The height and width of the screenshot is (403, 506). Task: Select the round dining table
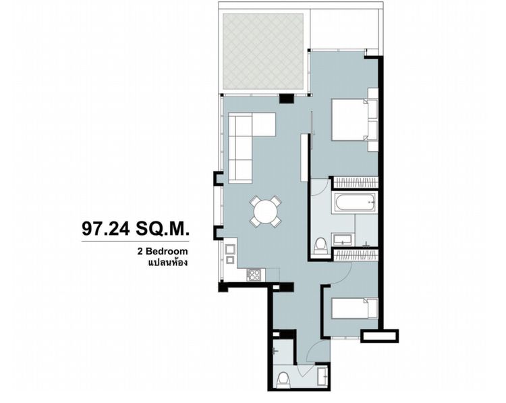click(x=265, y=211)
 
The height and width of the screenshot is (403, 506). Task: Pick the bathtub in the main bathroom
click(x=354, y=202)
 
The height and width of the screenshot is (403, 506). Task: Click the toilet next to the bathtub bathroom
click(x=321, y=242)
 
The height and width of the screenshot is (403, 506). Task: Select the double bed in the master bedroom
click(x=351, y=119)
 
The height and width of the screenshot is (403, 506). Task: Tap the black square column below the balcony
click(x=287, y=99)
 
